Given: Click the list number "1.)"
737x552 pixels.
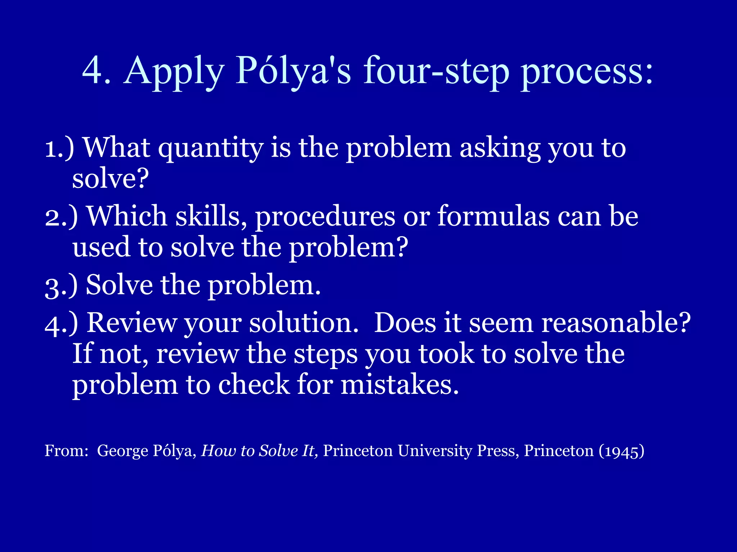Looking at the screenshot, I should tap(59, 148).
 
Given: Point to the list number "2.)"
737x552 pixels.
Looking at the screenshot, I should tap(61, 217).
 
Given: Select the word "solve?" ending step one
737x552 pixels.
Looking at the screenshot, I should tap(110, 178).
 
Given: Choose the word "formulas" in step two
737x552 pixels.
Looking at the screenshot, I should tap(493, 216).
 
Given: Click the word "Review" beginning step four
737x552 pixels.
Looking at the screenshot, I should tap(132, 322).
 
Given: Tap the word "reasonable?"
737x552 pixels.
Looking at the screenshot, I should tap(616, 322).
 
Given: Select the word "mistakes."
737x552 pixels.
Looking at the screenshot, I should tap(400, 385).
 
